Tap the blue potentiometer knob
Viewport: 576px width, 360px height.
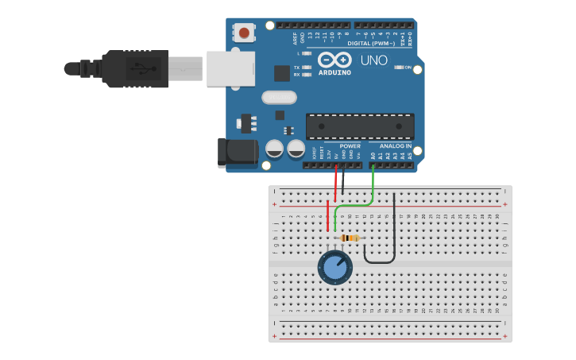[335, 267]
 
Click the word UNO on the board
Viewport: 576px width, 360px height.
[373, 60]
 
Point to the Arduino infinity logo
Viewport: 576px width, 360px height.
[334, 60]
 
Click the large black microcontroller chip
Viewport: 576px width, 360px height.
[360, 126]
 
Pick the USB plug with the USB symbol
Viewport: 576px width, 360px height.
[135, 68]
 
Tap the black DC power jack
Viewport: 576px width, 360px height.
[238, 153]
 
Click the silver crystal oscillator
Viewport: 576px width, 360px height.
[277, 98]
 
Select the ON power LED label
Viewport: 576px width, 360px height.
[408, 68]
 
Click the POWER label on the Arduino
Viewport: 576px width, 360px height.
[350, 146]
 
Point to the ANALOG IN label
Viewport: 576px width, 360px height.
[395, 146]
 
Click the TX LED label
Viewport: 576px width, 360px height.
[297, 68]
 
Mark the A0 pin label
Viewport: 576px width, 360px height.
[373, 156]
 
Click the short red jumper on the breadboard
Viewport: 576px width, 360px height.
[327, 215]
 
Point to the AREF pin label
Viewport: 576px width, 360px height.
[296, 37]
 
